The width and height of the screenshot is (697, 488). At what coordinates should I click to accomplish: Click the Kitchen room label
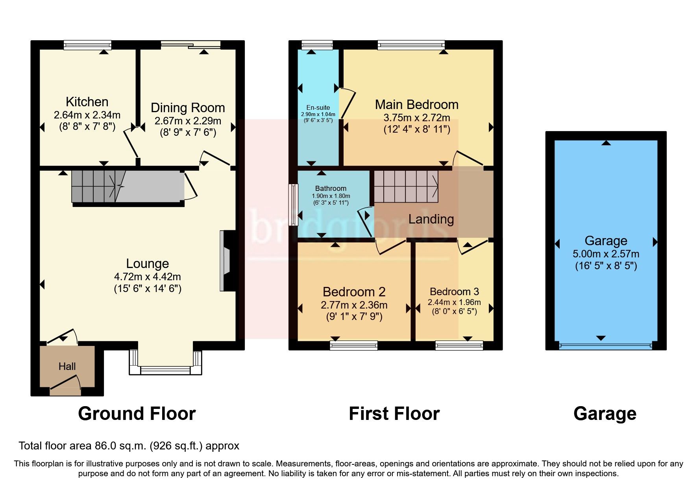click(x=87, y=102)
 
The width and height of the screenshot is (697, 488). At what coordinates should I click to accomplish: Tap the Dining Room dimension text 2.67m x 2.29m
click(x=188, y=121)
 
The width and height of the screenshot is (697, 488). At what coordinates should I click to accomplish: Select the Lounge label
click(x=148, y=264)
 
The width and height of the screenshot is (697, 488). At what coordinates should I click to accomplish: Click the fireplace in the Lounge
click(x=227, y=261)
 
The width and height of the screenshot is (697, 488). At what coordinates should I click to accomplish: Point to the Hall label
click(x=67, y=367)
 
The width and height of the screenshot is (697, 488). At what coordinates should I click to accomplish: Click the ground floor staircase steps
click(x=93, y=187)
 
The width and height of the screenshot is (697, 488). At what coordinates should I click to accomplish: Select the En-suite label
click(x=318, y=107)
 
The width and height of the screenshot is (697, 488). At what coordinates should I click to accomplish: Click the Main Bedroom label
click(x=416, y=105)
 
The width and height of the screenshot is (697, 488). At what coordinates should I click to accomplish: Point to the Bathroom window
click(x=293, y=205)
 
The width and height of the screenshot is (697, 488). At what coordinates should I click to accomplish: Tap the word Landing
click(x=431, y=219)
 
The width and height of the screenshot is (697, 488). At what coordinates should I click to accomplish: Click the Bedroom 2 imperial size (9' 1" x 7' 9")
click(x=354, y=316)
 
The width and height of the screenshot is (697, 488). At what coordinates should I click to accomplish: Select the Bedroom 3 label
click(x=454, y=292)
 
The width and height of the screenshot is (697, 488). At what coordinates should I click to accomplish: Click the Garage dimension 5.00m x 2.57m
click(x=606, y=254)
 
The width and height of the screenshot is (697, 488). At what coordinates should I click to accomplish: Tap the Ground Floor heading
click(x=137, y=414)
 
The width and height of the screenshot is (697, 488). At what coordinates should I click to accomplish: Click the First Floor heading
click(x=394, y=414)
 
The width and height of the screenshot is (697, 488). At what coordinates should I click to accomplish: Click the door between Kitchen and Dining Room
click(x=131, y=144)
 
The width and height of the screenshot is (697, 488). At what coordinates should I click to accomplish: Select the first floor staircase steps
click(x=405, y=187)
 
